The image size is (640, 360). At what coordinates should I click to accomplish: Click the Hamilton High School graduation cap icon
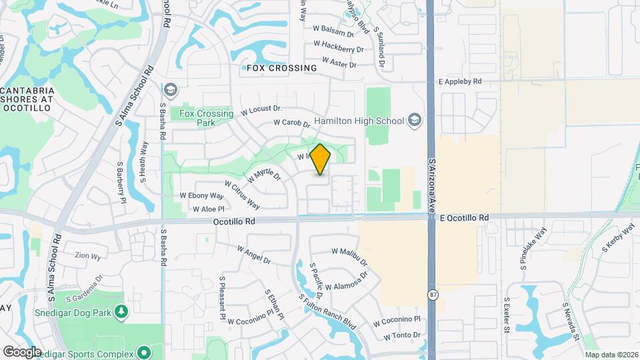click(x=415, y=120)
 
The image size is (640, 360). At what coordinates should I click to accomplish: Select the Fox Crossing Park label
click(x=207, y=118)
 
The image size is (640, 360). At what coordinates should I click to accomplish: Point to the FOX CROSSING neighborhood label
click(x=281, y=68)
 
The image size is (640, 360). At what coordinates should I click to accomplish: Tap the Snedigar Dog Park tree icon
click(x=121, y=311)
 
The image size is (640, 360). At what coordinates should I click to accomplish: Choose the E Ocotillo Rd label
click(x=464, y=218)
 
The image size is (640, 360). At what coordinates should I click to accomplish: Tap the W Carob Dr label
click(x=293, y=123)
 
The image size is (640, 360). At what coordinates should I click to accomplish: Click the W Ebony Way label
click(x=202, y=196)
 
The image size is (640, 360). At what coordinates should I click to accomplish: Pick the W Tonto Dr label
click(x=397, y=335)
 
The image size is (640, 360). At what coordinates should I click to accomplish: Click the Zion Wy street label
click(x=87, y=255)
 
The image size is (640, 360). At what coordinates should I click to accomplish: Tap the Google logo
click(x=22, y=351)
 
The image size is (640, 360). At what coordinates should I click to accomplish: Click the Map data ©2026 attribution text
click(x=611, y=355)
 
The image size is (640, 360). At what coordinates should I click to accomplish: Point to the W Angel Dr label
click(x=253, y=254)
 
